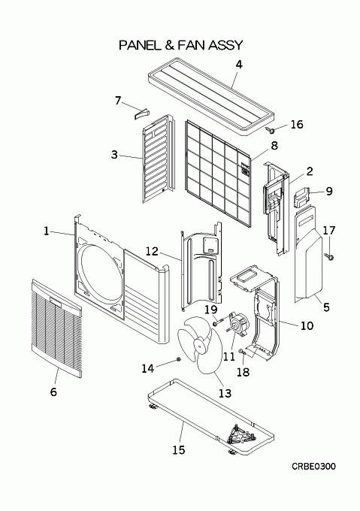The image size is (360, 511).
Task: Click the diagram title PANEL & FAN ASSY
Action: (181, 45)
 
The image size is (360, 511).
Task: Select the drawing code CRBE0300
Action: (313, 467)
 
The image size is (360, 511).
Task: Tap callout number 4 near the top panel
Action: (239, 65)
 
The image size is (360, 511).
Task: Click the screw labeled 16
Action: (270, 130)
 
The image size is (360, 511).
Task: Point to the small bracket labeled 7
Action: (141, 113)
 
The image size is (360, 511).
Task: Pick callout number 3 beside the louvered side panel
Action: (114, 155)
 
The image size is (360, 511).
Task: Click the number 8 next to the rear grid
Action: (274, 146)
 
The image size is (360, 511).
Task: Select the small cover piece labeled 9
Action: (301, 197)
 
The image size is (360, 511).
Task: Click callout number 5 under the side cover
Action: (326, 307)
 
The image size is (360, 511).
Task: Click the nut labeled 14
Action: (179, 359)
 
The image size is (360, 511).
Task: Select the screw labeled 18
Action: (241, 352)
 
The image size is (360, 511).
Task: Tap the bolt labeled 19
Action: (219, 322)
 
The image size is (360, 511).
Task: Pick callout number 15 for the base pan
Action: (179, 450)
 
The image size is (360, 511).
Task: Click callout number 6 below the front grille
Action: (53, 392)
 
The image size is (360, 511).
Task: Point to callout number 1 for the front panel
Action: (46, 231)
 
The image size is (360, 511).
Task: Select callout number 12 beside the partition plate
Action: (152, 251)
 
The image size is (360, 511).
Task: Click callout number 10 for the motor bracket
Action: (307, 325)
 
